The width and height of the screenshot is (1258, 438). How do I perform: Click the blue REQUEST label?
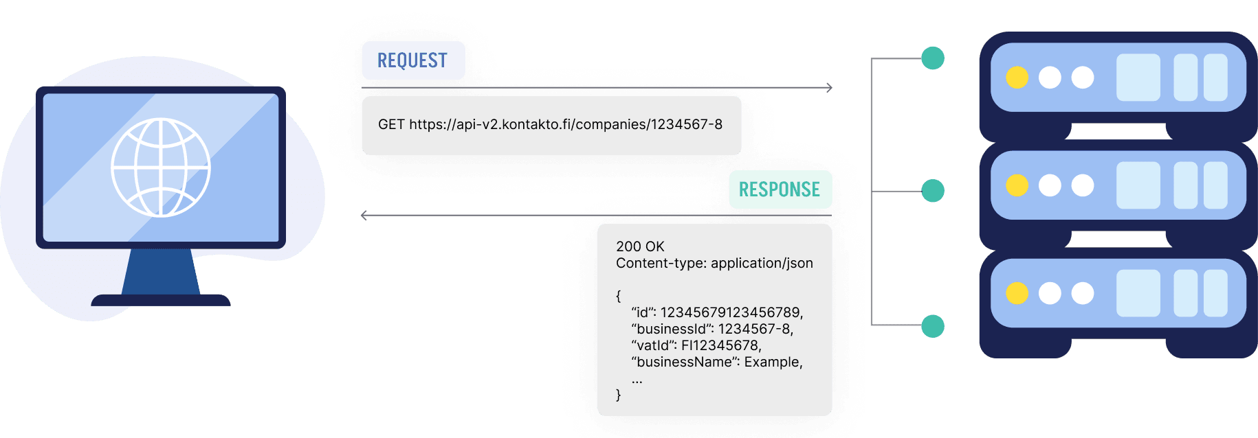point(413,60)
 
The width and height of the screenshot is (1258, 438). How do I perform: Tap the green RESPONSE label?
point(780,189)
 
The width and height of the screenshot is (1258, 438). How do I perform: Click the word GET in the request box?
point(391,124)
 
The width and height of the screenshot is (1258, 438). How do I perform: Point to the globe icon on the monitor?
point(161,168)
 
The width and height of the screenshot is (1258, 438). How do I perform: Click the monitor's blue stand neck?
point(161,271)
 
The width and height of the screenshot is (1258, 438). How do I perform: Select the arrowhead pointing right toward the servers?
point(829,88)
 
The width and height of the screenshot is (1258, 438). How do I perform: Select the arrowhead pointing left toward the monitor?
point(364,216)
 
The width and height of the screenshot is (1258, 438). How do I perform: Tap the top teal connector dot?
point(932,58)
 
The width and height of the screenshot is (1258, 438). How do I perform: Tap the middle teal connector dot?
point(932,190)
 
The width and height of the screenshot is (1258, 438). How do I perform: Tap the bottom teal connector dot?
point(932,326)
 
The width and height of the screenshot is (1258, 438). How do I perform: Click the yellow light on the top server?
point(1017,78)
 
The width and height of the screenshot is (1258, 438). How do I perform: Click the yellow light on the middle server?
point(1017,185)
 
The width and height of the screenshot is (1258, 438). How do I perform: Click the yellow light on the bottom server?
point(1017,293)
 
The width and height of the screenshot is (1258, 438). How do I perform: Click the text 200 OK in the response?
point(640,246)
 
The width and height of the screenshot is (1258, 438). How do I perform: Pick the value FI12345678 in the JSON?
point(720,345)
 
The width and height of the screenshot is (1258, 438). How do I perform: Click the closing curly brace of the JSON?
point(618,395)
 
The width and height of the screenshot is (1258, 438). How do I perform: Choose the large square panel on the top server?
point(1138,78)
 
